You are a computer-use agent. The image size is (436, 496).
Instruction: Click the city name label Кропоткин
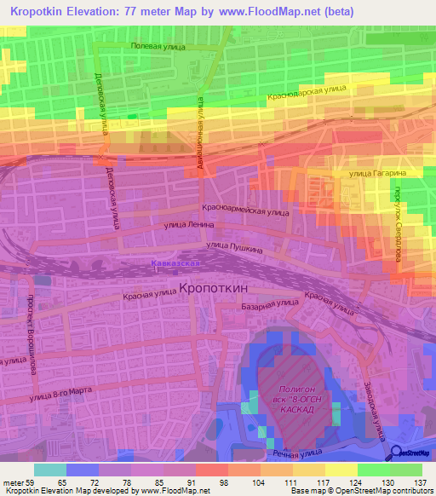tap(218, 289)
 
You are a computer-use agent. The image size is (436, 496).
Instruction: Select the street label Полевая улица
tap(158, 48)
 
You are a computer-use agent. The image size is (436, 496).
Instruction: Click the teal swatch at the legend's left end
tap(49, 470)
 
